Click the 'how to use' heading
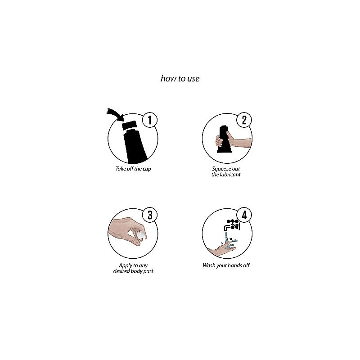(x=180, y=79)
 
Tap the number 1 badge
(x=150, y=120)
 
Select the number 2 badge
(x=244, y=120)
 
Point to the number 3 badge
(x=150, y=215)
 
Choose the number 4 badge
(x=244, y=215)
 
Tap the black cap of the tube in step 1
(x=130, y=126)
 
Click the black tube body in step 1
(x=135, y=147)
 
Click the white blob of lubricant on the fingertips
(x=141, y=235)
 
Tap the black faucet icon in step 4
(x=232, y=225)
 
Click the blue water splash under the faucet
(x=230, y=242)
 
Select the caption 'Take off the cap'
(x=133, y=169)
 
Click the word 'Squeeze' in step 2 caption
(x=220, y=169)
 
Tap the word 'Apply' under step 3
(x=125, y=266)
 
